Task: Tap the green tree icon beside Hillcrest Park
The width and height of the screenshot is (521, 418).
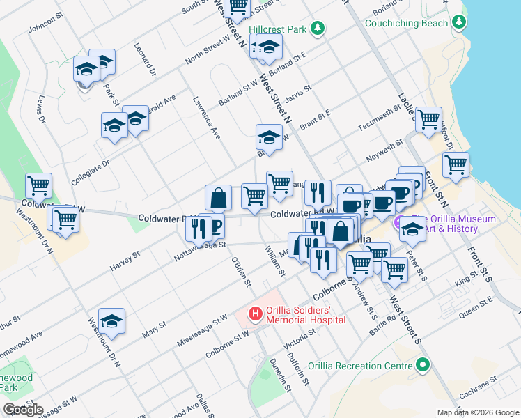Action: (318, 28)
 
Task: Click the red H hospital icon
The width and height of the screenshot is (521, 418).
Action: (256, 314)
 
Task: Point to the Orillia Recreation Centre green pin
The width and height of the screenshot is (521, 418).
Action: (421, 365)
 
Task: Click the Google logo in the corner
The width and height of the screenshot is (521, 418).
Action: (22, 410)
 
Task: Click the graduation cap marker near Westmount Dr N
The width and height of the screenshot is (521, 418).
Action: (111, 321)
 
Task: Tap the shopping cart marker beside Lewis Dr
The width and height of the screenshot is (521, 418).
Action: (39, 185)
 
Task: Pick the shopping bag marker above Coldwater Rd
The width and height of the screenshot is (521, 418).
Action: (219, 197)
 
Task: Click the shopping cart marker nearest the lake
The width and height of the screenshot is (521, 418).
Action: (456, 165)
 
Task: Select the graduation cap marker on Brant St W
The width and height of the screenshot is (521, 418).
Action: (269, 137)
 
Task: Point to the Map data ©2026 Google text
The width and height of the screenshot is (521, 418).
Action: (477, 412)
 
